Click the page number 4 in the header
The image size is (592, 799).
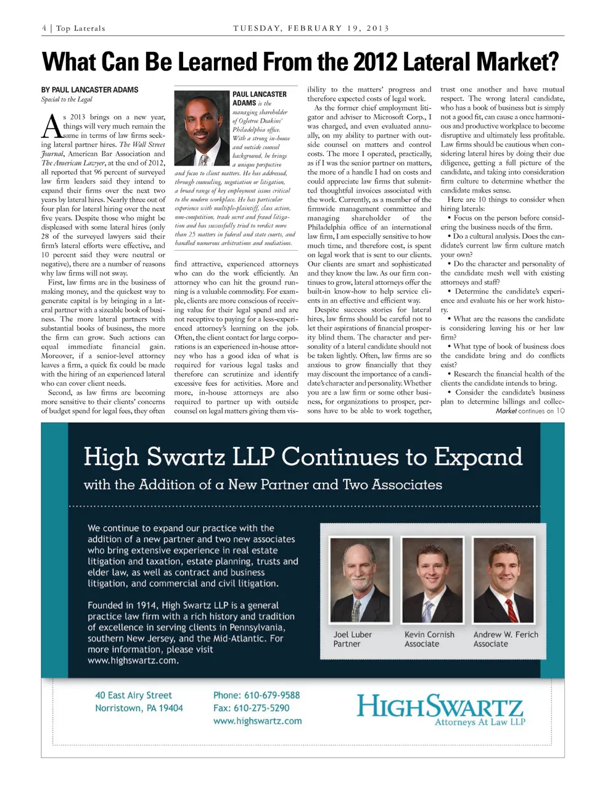point(44,28)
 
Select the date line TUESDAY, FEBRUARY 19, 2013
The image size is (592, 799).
point(311,28)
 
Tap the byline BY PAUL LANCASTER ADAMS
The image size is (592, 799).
point(90,90)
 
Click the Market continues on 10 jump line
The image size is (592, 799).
point(530,411)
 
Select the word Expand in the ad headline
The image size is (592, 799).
point(478,457)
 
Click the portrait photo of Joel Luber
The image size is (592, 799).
point(361,580)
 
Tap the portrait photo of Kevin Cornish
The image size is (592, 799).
point(432,580)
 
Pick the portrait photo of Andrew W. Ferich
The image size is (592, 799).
point(503,580)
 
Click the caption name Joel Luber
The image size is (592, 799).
point(353,634)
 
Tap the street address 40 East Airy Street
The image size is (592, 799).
point(133,695)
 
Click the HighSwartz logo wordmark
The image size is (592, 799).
point(440,705)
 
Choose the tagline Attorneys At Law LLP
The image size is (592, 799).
point(480,722)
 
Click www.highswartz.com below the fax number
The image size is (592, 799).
point(257,721)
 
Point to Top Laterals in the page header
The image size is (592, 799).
point(81,28)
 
